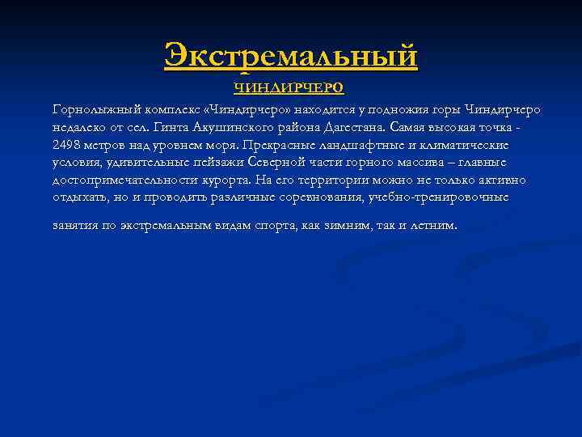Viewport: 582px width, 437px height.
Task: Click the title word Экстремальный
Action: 291,57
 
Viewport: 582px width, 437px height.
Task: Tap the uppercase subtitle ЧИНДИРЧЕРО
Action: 290,87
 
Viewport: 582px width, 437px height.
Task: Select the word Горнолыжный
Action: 88,110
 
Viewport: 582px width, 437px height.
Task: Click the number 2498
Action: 67,146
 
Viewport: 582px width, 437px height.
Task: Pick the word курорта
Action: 257,180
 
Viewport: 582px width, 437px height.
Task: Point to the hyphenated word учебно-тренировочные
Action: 437,197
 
